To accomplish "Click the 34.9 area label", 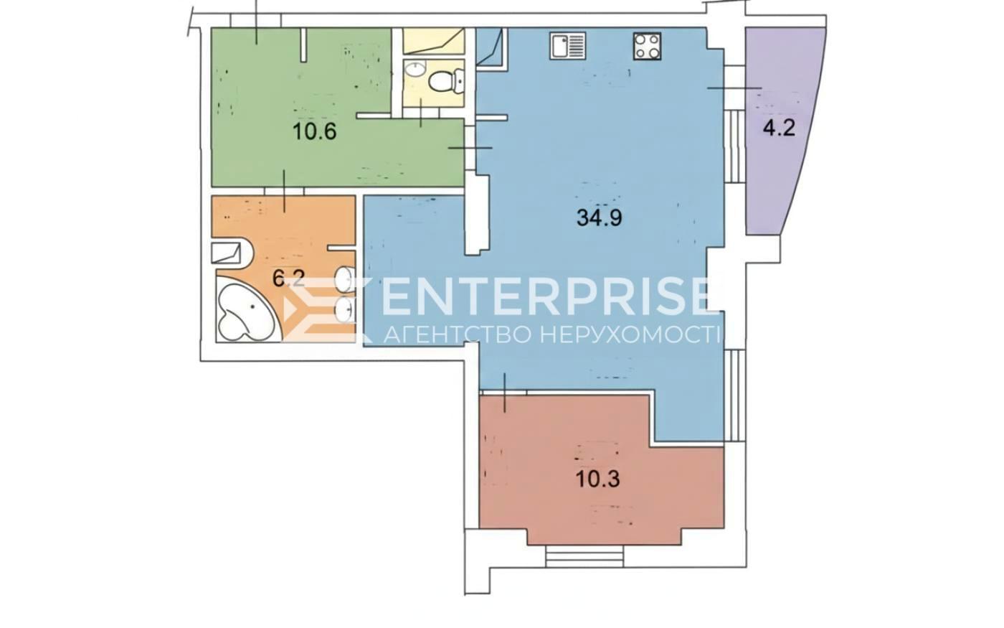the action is click(600, 218).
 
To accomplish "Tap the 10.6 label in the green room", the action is click(314, 131).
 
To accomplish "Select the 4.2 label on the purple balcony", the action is click(779, 128).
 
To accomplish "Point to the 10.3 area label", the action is click(598, 479).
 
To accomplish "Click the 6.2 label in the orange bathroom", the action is click(289, 279).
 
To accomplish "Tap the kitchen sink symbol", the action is click(568, 46).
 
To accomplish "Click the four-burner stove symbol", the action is click(647, 46).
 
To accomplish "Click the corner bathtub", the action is click(245, 309).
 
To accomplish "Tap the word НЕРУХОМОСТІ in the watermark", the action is click(630, 334).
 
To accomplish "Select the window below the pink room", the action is click(584, 556).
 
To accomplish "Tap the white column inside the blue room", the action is click(476, 215).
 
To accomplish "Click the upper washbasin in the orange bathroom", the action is click(346, 279).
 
